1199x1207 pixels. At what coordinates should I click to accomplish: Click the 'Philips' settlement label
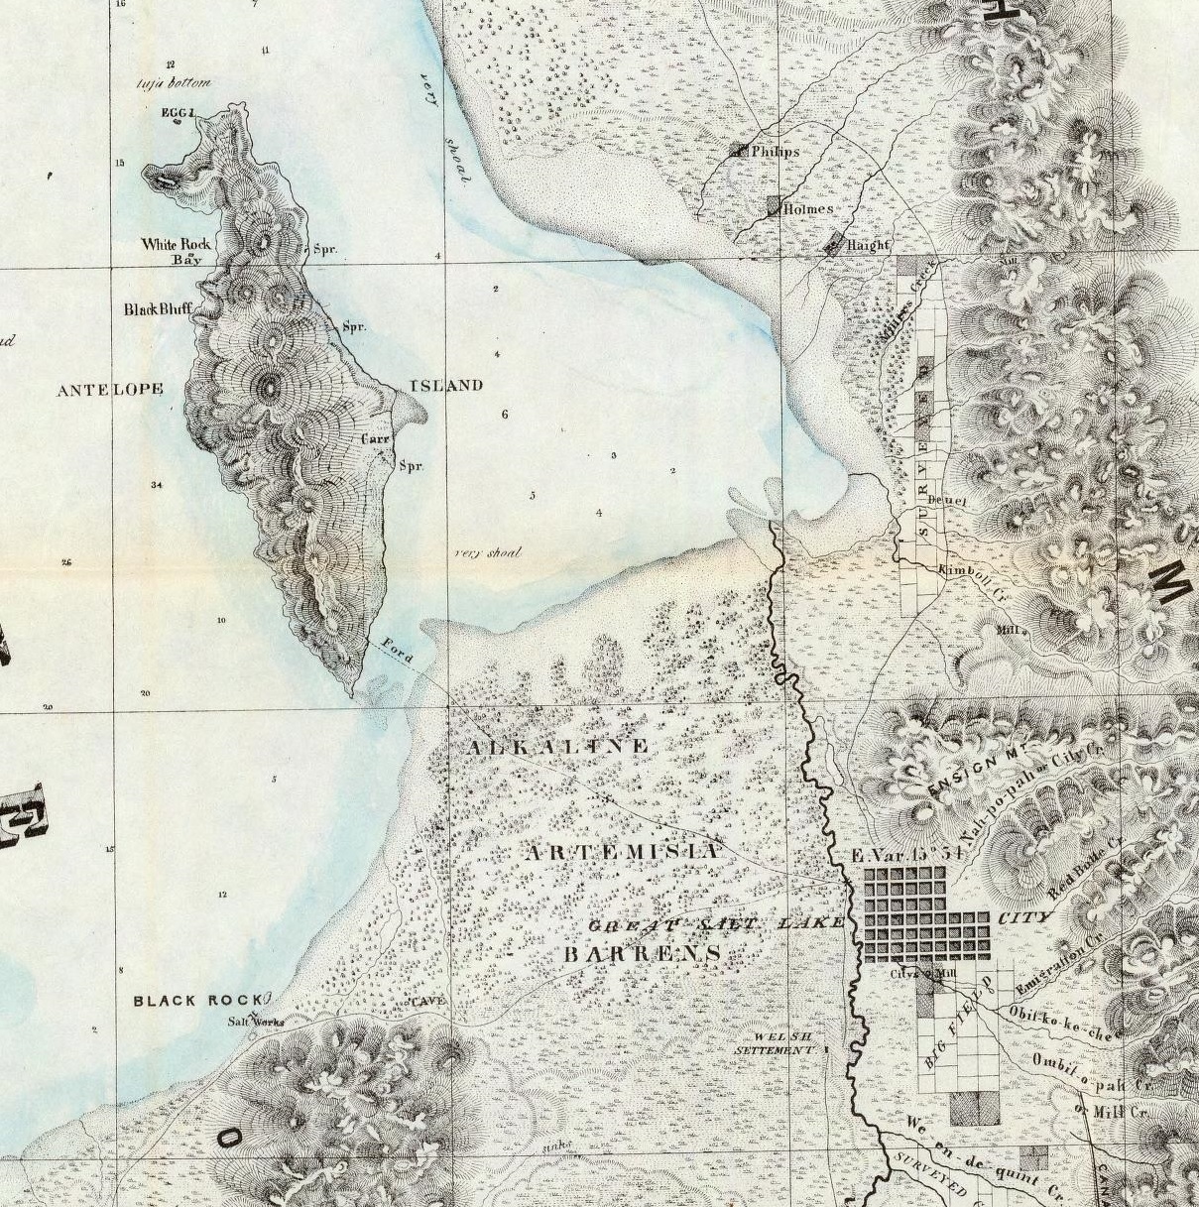coord(775,152)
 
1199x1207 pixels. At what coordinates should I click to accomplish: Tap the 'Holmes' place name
coord(807,209)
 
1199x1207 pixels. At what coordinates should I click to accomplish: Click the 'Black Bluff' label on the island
coord(157,309)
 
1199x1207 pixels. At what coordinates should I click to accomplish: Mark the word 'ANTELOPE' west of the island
coord(109,390)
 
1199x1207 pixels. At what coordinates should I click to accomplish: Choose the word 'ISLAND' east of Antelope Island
coord(446,385)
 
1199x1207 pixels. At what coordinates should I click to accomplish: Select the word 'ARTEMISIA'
coord(621,852)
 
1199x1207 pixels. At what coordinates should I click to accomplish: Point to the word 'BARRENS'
coord(642,954)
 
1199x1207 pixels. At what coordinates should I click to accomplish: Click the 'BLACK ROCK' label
coord(197,1001)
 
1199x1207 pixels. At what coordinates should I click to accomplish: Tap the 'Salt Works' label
coord(256,1022)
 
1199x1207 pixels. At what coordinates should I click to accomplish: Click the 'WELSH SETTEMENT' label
coord(777,1042)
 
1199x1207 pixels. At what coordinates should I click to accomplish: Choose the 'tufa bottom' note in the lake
coord(175,84)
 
